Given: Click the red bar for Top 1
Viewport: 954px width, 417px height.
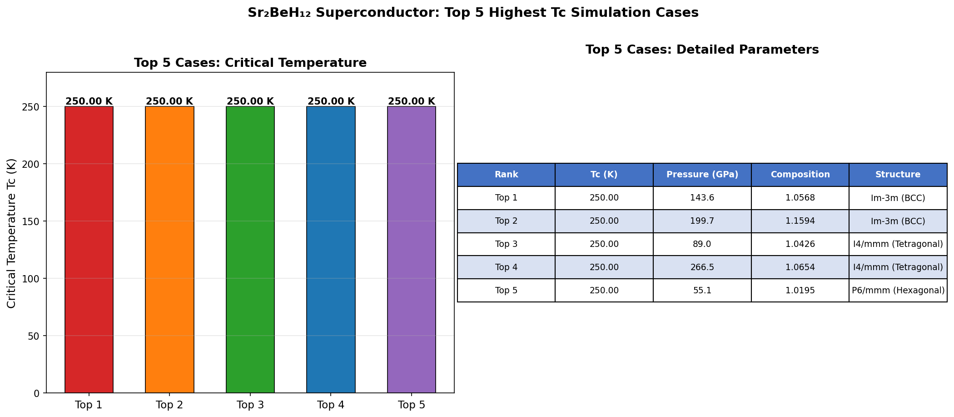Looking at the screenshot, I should click(89, 250).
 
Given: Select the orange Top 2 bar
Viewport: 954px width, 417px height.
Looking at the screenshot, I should click(169, 250).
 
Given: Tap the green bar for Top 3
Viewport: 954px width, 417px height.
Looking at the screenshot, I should click(250, 250).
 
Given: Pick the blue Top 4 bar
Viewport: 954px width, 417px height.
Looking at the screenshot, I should click(331, 250).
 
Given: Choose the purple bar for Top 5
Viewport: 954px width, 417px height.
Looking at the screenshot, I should click(412, 250).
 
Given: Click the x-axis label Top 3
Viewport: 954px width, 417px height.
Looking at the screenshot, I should click(250, 405).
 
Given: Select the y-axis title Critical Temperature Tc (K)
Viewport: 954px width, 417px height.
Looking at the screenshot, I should click(12, 233).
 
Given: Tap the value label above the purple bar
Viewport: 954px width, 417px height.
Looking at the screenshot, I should click(412, 101).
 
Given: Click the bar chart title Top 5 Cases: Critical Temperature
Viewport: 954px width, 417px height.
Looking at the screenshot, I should click(250, 63).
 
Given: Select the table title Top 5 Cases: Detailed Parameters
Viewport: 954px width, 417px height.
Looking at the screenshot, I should click(702, 50).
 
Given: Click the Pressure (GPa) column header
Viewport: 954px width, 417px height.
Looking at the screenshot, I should click(702, 175).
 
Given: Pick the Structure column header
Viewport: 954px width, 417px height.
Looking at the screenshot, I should click(898, 175).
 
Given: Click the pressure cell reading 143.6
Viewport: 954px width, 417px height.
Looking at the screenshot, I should click(702, 198).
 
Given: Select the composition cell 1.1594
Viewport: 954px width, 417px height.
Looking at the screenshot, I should click(800, 221).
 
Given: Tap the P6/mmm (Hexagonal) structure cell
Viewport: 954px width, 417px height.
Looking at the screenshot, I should click(898, 290).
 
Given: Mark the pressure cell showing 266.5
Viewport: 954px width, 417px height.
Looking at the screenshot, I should click(702, 267).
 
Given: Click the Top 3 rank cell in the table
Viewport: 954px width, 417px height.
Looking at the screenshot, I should click(506, 244).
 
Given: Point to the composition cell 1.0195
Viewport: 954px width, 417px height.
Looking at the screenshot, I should click(800, 290).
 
